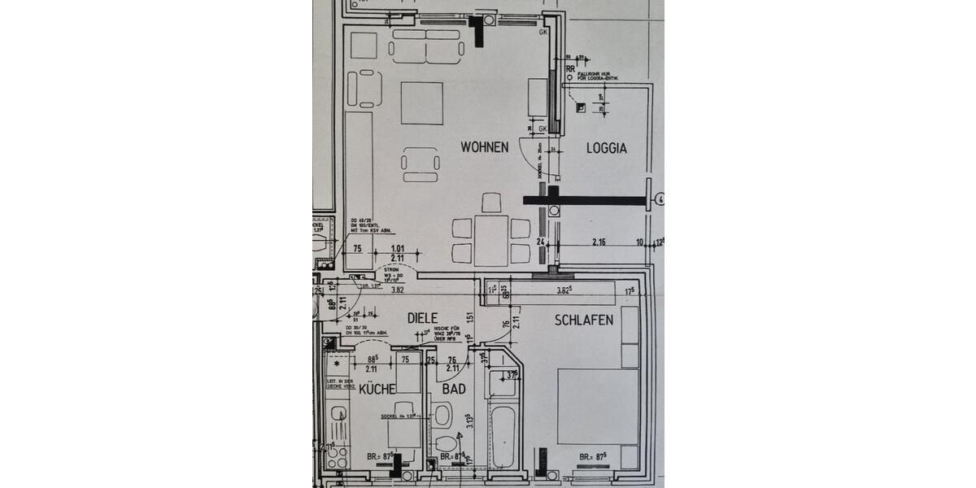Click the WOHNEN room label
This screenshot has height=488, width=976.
coord(484,147)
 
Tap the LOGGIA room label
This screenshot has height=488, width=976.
coord(607,148)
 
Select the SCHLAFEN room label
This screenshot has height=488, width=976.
coord(584,320)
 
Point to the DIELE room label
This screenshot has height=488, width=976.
coord(422,318)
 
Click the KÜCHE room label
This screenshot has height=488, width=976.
coord(377,389)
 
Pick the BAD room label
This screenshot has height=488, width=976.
coord(454,389)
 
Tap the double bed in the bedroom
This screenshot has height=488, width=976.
coord(598,407)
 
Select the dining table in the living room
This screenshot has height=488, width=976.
coord(491,240)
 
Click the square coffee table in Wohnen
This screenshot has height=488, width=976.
coord(421,103)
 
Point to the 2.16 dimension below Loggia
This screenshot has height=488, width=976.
coord(599,242)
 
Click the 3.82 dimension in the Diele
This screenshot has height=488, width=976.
coord(399,289)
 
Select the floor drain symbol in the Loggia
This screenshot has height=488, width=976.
coord(580,107)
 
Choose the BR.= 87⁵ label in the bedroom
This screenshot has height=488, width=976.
coord(595,456)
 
